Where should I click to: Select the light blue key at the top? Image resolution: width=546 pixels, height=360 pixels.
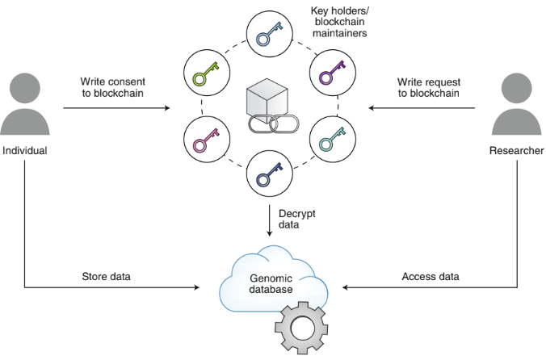coord(269,34)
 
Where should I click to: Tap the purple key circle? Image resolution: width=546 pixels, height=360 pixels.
coord(333,74)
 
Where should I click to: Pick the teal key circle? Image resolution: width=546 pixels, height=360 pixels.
coord(333,140)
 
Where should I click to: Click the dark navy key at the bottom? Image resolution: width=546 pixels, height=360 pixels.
coord(269,174)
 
